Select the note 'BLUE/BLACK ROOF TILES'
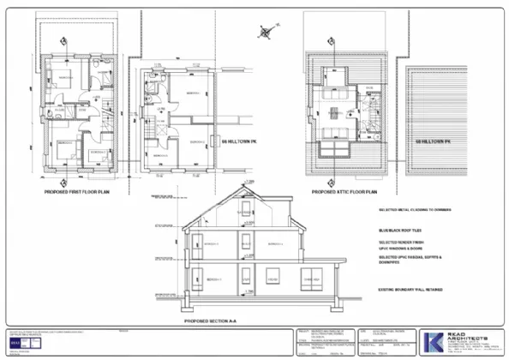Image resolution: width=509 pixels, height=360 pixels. tap(402, 231)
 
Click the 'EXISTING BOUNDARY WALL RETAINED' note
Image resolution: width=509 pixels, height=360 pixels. tap(416, 291)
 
